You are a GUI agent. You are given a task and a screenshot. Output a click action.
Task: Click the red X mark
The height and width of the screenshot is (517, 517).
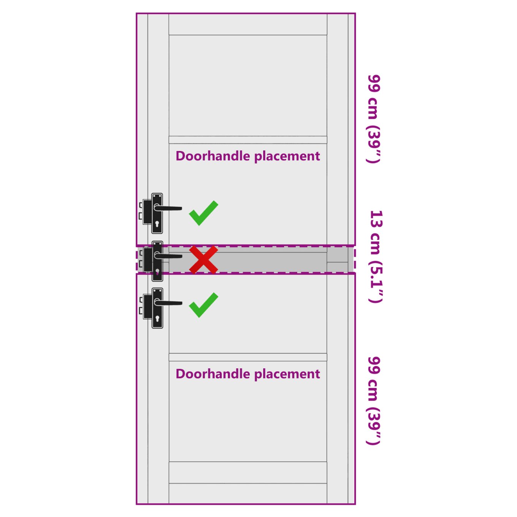coord(203,260)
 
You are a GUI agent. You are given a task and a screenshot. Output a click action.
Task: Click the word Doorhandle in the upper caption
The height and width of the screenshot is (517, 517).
coord(213,156)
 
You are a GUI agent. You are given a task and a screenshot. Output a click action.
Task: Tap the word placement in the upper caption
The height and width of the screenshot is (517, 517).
coord(287,157)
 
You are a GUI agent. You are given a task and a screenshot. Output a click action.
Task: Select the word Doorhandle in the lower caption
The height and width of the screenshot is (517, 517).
coord(213,374)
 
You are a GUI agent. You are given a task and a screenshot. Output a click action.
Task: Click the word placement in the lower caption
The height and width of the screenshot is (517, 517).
coord(287,374)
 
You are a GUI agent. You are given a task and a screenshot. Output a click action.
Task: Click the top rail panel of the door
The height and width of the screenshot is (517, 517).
coord(248,24)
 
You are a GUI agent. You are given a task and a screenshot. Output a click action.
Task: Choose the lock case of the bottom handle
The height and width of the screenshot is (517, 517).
coord(147,307)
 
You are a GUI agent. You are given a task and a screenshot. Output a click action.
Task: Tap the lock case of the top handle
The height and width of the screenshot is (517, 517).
coord(147,212)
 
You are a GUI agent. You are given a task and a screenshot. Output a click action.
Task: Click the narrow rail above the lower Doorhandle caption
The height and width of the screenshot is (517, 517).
coord(248,357)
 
